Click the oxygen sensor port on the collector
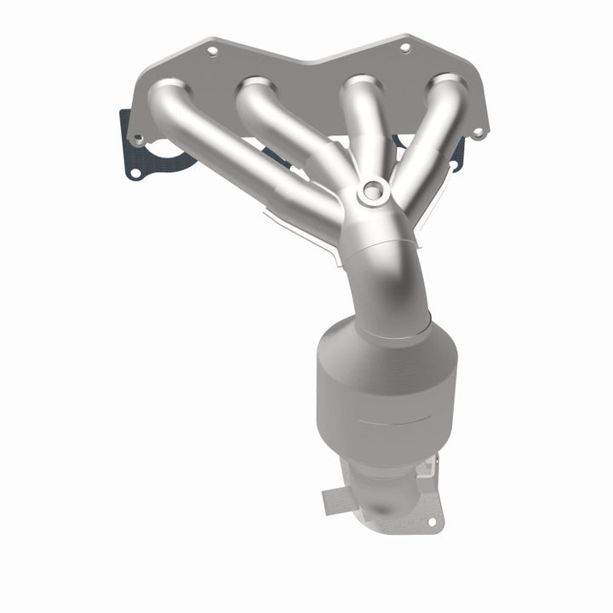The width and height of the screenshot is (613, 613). [371, 192]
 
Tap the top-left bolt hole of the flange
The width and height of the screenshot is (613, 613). [212, 51]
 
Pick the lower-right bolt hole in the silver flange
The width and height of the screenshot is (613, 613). [478, 132]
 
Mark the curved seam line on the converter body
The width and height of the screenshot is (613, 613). [387, 421]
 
